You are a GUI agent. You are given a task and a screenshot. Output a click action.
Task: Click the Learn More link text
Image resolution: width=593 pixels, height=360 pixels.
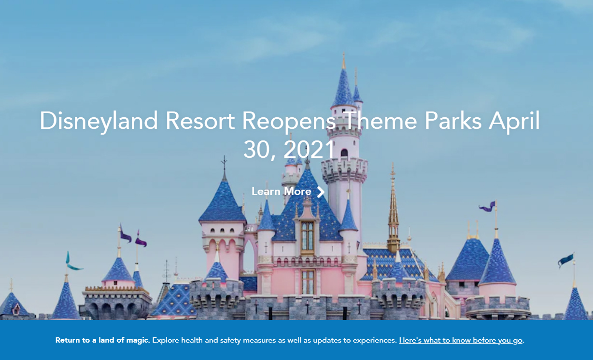[x=282, y=192]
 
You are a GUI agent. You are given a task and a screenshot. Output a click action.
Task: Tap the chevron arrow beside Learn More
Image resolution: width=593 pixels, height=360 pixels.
[x=321, y=192]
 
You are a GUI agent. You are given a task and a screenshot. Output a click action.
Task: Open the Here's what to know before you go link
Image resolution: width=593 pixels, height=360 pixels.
[x=461, y=340]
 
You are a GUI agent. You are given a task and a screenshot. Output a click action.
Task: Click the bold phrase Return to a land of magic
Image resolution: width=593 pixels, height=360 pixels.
[x=102, y=340]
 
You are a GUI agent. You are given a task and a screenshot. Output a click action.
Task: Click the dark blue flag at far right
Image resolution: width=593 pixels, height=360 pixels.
[x=565, y=260]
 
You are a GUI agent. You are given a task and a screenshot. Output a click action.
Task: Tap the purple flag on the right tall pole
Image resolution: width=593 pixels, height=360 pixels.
[x=487, y=207]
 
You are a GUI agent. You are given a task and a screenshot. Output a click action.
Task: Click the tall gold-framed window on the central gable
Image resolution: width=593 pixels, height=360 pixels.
[x=307, y=236]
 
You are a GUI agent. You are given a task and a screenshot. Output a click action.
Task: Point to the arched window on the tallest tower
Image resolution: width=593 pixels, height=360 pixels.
[x=344, y=153]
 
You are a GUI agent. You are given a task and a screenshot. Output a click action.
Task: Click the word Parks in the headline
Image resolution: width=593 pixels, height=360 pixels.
[x=453, y=121]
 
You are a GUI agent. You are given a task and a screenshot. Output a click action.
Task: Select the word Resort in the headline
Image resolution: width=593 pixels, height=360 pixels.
[x=200, y=121]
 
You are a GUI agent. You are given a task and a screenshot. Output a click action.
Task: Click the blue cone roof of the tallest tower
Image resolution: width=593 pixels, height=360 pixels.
[x=343, y=87]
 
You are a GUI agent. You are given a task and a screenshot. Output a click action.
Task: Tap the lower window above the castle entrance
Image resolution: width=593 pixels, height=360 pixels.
[x=308, y=282]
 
